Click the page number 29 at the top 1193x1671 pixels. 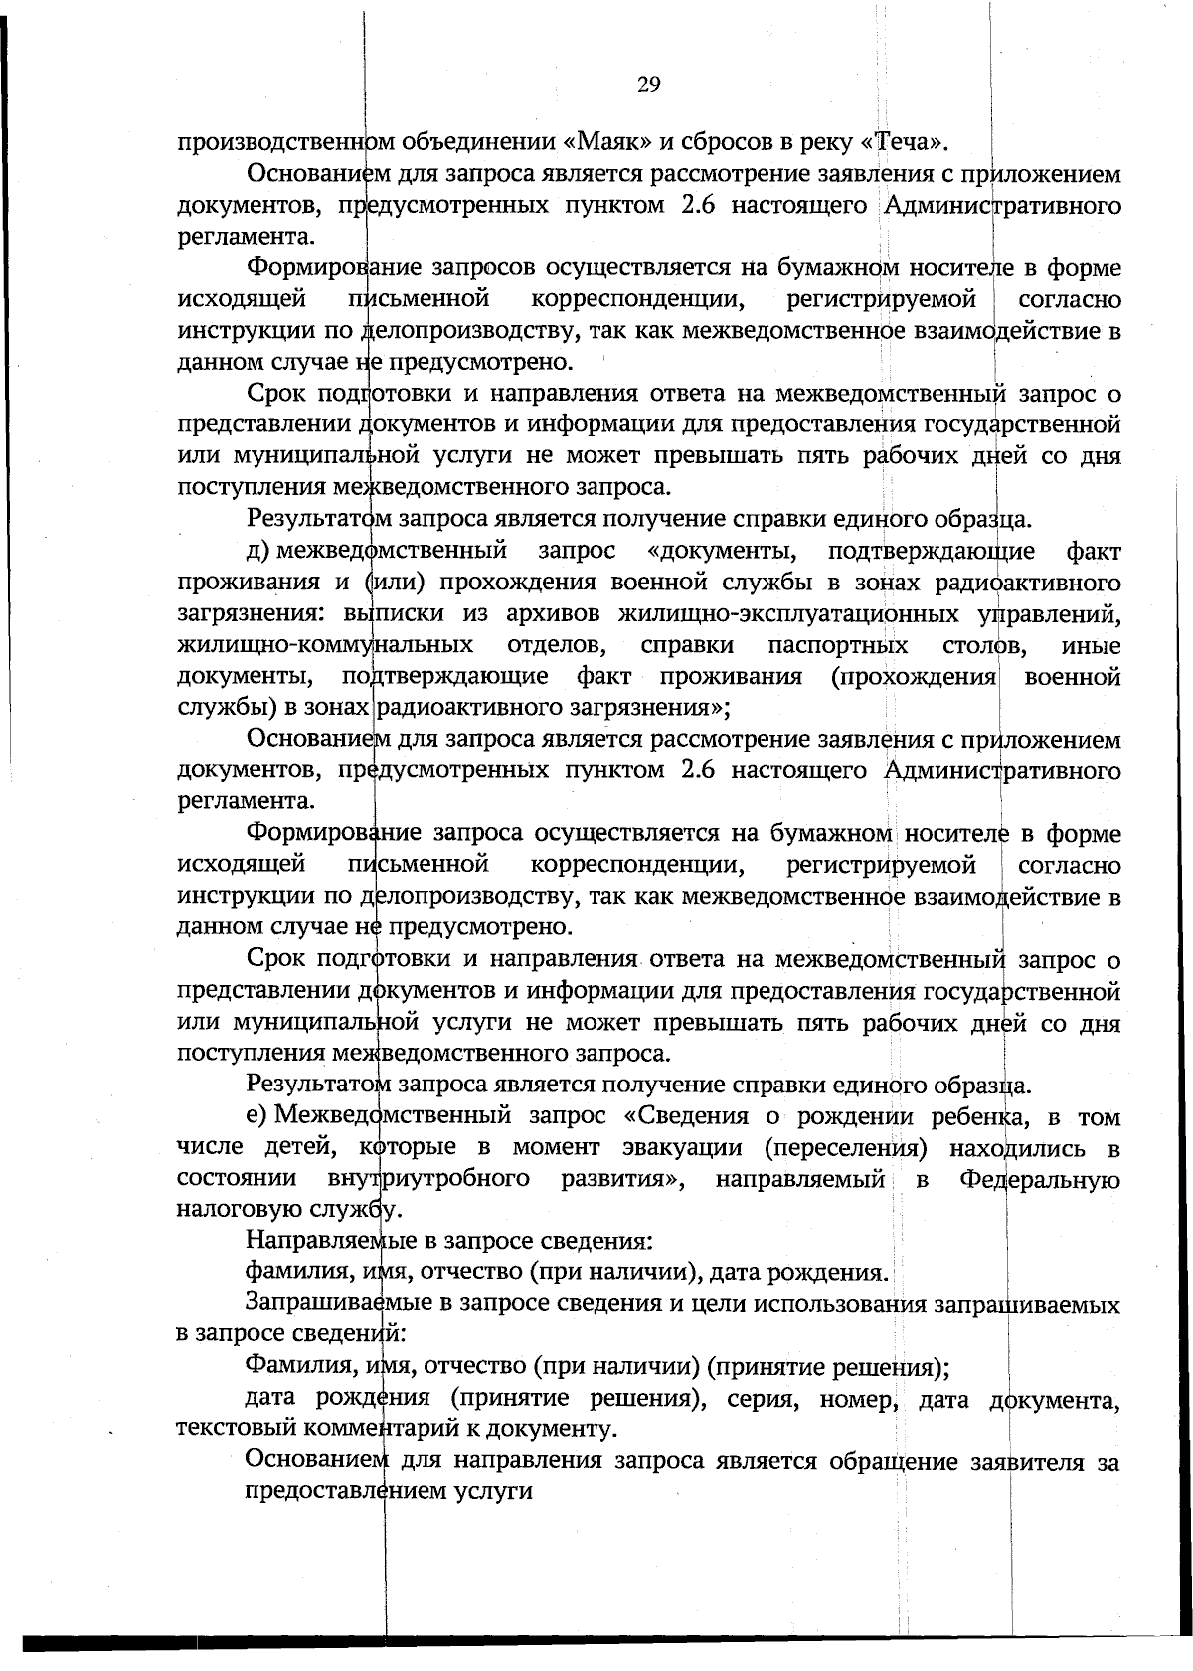point(648,84)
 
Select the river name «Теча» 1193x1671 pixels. point(904,141)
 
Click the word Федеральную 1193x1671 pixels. point(1040,1179)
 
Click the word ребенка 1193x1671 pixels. point(979,1116)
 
